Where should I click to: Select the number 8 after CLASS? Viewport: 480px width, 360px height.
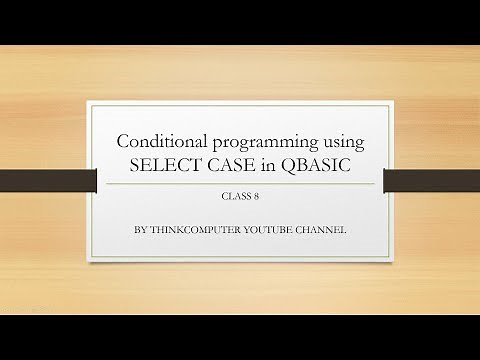click(255, 198)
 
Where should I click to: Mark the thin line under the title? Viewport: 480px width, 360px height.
click(240, 183)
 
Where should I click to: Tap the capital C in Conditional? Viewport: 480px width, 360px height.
click(124, 142)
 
